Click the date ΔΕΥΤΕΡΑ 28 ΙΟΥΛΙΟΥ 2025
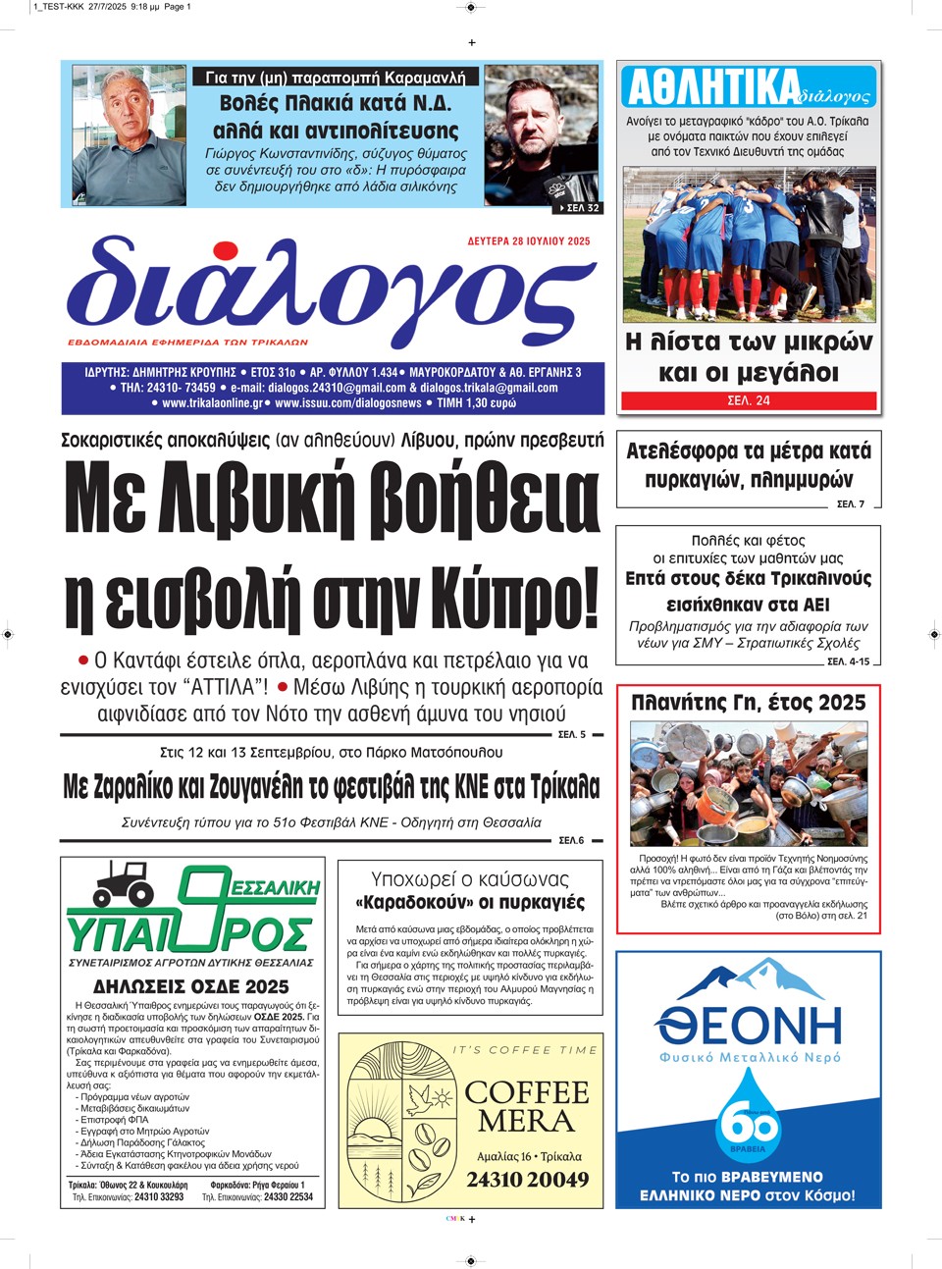pyautogui.click(x=529, y=241)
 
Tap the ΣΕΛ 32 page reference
pyautogui.click(x=580, y=208)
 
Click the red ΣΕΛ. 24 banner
pyautogui.click(x=749, y=400)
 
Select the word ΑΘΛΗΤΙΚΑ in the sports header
pyautogui.click(x=712, y=88)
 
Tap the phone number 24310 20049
pyautogui.click(x=528, y=1180)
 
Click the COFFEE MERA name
pyautogui.click(x=527, y=1106)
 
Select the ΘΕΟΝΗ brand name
pyautogui.click(x=749, y=1026)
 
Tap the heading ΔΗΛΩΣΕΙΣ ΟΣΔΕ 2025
pyautogui.click(x=190, y=986)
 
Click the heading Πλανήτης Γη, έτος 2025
pyautogui.click(x=748, y=703)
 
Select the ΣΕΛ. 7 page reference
pyautogui.click(x=850, y=504)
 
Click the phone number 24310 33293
pyautogui.click(x=159, y=1196)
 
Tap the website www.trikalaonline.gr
pyautogui.click(x=212, y=403)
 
